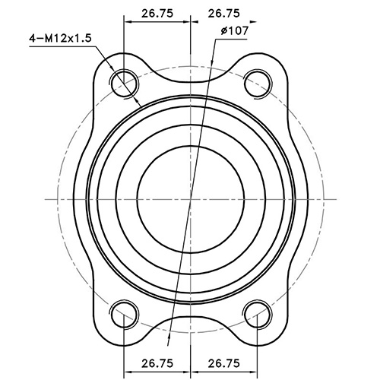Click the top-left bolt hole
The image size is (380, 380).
(x=123, y=81)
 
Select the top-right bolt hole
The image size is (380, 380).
(x=257, y=81)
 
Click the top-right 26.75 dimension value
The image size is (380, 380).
(x=223, y=12)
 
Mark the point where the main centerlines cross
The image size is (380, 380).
(x=190, y=197)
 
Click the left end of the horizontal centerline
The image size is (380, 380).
(x=47, y=197)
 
